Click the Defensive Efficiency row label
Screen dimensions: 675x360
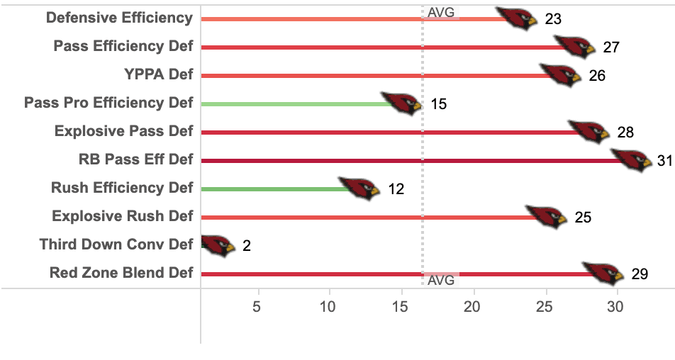click(x=119, y=18)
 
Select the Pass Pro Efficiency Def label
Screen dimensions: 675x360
click(x=108, y=103)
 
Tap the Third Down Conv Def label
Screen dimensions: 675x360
click(x=116, y=244)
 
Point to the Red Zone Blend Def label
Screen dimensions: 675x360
click(x=121, y=273)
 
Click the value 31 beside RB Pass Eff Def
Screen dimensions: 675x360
click(x=665, y=160)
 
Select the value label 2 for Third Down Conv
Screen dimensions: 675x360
click(x=247, y=246)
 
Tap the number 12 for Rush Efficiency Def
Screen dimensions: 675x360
click(x=396, y=189)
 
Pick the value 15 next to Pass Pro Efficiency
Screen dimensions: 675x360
click(x=439, y=104)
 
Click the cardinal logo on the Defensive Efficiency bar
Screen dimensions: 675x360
click(x=517, y=18)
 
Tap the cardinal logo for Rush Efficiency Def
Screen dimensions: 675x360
click(x=359, y=189)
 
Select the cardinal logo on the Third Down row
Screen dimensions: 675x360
click(x=218, y=246)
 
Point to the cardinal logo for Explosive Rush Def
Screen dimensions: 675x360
click(x=546, y=217)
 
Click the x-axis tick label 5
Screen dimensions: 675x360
click(x=257, y=307)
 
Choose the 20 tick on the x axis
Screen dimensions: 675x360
click(x=472, y=307)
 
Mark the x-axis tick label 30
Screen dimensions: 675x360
click(x=615, y=307)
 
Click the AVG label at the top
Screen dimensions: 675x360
click(x=441, y=13)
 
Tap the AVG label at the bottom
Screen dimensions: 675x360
click(x=441, y=280)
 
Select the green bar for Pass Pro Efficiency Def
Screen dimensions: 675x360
click(x=297, y=104)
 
